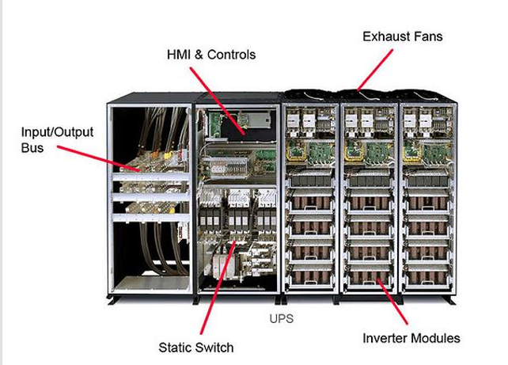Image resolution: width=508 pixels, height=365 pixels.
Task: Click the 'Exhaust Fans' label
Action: (x=402, y=36)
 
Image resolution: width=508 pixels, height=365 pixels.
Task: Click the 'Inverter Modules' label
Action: (x=411, y=338)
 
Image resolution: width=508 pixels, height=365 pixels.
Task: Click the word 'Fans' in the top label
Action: (x=426, y=36)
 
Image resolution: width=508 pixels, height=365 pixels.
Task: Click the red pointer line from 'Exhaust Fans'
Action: (x=374, y=68)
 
